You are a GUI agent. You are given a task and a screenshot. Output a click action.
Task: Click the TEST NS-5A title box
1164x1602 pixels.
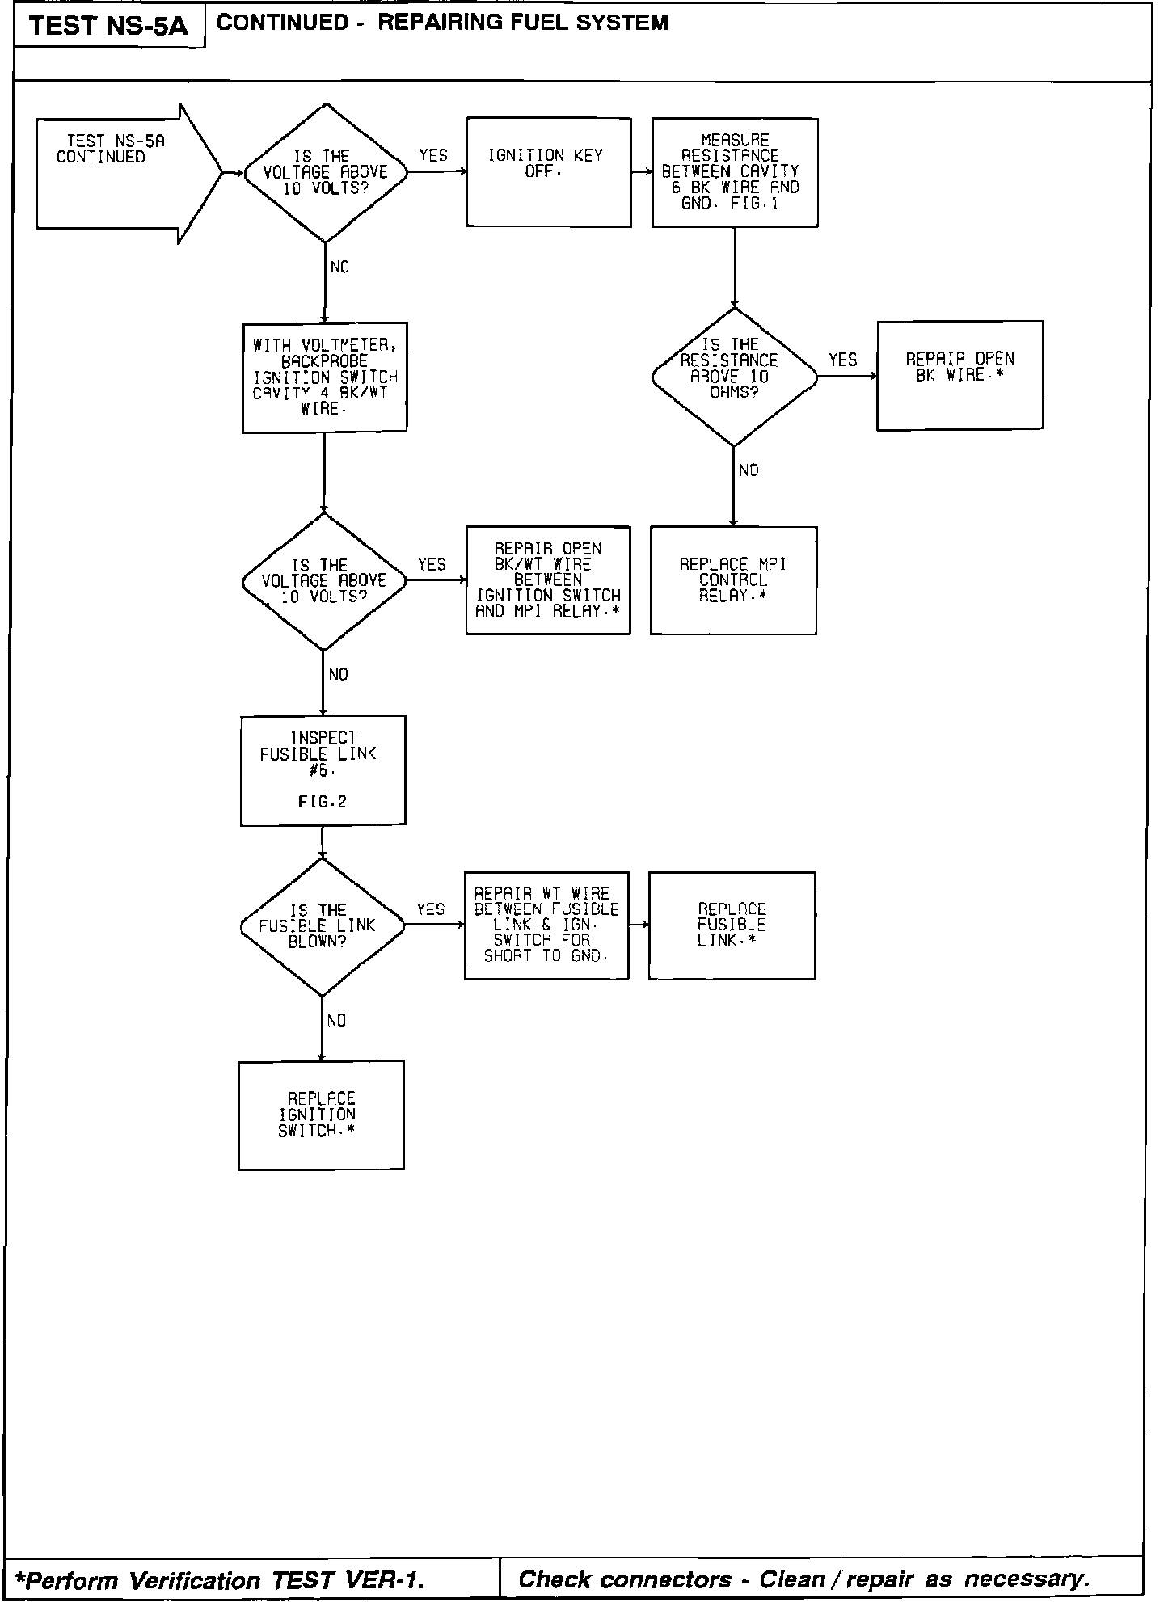click(x=108, y=27)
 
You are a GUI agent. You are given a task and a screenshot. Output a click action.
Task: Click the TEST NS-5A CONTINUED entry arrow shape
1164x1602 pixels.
click(x=121, y=173)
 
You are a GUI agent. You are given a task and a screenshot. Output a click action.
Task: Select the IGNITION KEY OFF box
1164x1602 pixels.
click(x=549, y=172)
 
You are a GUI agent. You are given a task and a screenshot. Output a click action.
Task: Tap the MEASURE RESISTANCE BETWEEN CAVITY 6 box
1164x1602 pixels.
click(x=735, y=172)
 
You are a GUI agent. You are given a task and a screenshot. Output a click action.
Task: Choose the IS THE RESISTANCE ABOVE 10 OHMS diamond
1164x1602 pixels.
click(x=734, y=377)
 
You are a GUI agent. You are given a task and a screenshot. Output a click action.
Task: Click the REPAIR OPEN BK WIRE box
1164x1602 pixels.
click(x=959, y=375)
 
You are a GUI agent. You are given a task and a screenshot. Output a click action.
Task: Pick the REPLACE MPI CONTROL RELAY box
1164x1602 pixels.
click(x=733, y=580)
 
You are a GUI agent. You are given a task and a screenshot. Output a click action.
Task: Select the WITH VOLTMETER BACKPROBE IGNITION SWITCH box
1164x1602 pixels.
click(x=324, y=377)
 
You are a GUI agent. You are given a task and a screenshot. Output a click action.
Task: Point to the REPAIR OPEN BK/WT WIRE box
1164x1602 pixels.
click(x=548, y=580)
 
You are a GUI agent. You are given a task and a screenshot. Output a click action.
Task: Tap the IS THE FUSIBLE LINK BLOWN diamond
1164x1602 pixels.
click(x=322, y=926)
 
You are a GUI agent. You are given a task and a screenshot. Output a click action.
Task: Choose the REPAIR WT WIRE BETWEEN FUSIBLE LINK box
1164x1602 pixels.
click(x=546, y=925)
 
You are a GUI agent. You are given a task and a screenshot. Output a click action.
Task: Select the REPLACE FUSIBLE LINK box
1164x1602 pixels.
click(x=732, y=925)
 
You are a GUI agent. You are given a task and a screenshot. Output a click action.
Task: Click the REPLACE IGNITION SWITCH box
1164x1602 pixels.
click(x=321, y=1115)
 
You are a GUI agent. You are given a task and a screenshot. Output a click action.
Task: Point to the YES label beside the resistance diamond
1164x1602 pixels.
click(x=843, y=360)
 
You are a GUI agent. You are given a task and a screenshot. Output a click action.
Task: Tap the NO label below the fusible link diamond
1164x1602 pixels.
click(x=336, y=1021)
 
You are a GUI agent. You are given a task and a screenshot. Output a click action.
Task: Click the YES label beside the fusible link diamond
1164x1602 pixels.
click(x=430, y=910)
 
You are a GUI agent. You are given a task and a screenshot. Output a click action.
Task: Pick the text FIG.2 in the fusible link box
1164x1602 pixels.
click(x=322, y=803)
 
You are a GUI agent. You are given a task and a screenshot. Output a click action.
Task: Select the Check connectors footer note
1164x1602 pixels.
click(x=804, y=1579)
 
